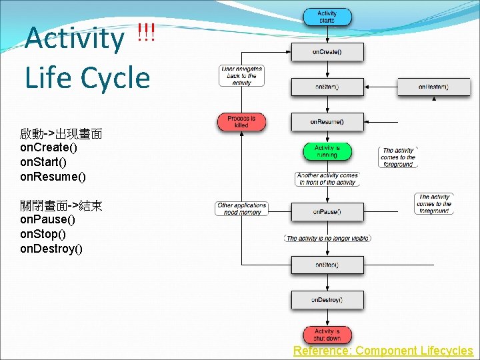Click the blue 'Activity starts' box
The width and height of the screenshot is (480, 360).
327,17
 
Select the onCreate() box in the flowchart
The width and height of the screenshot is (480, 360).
327,52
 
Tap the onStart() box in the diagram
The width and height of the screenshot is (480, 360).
327,87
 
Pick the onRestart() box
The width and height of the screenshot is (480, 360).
433,87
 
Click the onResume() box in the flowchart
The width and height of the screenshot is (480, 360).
327,122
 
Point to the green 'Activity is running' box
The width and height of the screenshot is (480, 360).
327,151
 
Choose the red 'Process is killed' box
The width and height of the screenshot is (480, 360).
241,122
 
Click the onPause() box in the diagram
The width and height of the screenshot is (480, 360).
327,212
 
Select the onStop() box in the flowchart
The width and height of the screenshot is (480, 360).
327,265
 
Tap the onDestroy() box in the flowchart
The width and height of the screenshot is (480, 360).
327,300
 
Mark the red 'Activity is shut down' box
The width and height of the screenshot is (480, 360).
327,335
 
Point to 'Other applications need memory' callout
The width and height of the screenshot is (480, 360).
241,209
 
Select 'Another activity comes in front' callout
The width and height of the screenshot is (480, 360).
327,179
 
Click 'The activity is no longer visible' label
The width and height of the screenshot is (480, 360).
327,238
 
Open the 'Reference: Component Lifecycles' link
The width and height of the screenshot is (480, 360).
383,351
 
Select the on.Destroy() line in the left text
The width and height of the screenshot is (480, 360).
51,249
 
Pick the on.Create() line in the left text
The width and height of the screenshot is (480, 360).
49,147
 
